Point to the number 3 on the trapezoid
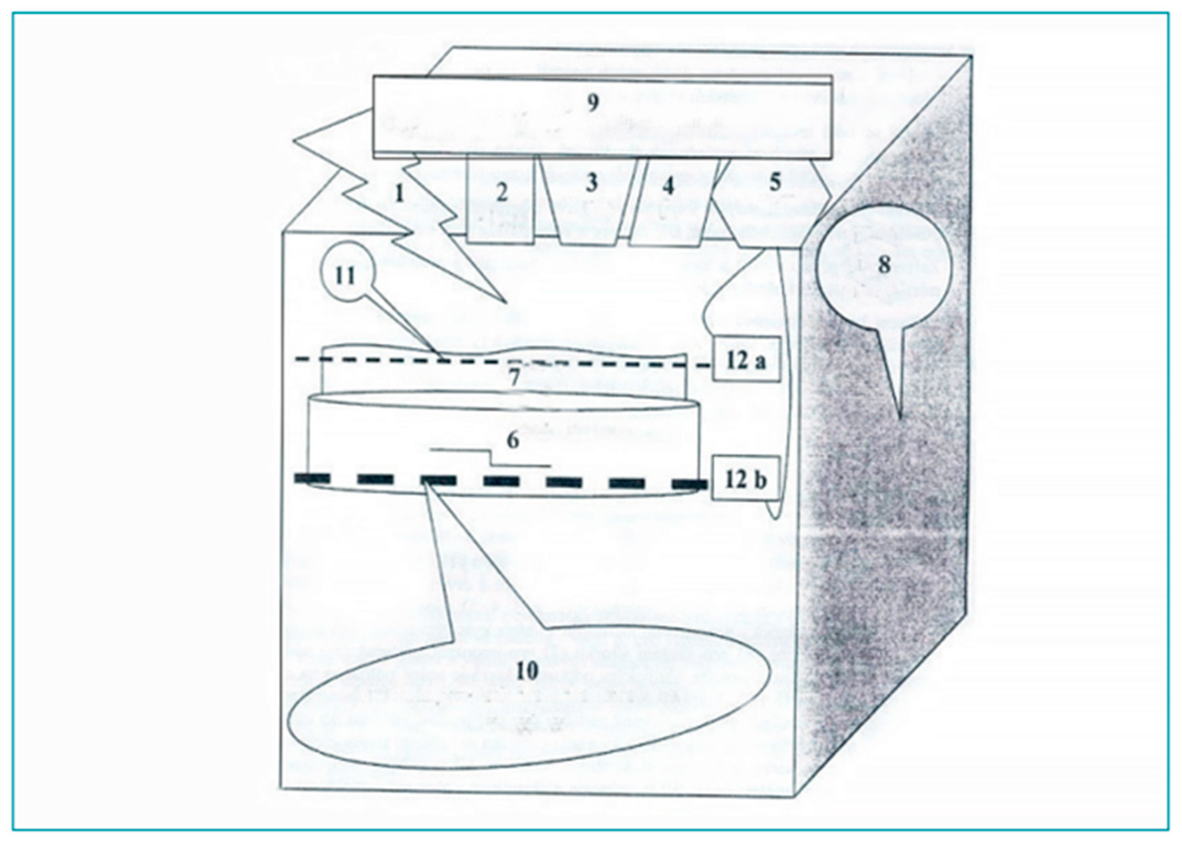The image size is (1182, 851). coord(591,183)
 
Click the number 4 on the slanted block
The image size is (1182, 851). coord(668,186)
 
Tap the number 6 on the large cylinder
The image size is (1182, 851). coord(513,441)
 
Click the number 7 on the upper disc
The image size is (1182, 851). coord(514,378)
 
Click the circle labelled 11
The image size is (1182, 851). coord(346,277)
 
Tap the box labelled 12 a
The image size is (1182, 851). coord(746,362)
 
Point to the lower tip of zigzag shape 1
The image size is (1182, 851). coord(506,303)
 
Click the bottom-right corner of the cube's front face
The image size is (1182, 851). coord(792,797)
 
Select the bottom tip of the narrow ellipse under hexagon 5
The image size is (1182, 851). coord(774,517)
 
